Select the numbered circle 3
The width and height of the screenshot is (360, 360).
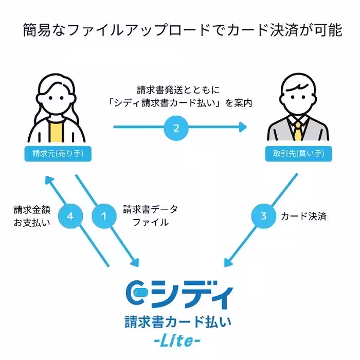click(x=264, y=217)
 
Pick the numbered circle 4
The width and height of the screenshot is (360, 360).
click(x=70, y=217)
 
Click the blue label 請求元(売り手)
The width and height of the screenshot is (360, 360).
click(x=55, y=153)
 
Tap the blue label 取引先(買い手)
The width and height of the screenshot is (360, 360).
click(x=298, y=153)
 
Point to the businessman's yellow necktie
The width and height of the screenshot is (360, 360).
click(x=298, y=131)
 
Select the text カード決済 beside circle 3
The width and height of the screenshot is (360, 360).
click(x=303, y=217)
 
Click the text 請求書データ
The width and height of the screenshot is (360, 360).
click(x=150, y=209)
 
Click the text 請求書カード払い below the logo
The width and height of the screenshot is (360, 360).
click(x=177, y=322)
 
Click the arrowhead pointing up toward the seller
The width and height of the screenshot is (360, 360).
click(x=49, y=181)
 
